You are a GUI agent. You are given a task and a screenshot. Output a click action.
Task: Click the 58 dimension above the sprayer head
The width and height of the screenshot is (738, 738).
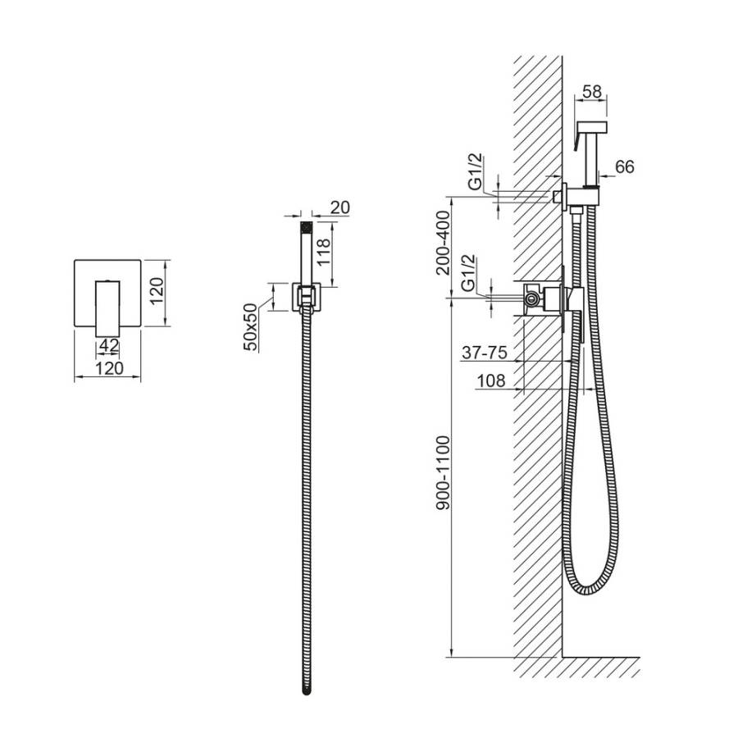(591, 91)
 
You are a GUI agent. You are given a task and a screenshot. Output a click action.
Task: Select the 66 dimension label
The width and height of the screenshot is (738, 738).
(625, 166)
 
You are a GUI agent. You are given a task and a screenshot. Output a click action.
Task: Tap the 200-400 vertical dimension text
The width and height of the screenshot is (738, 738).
(444, 243)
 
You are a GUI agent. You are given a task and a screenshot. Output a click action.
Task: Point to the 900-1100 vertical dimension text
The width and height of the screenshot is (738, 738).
(444, 472)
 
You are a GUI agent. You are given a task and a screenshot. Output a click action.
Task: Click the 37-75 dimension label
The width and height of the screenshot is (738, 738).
(485, 352)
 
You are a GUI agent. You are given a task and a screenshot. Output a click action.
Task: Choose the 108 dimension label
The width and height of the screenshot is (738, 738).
(491, 380)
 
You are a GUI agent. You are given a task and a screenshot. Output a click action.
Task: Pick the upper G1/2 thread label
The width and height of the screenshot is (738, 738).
(476, 171)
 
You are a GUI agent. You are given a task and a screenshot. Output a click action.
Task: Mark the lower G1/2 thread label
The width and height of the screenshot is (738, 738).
(468, 273)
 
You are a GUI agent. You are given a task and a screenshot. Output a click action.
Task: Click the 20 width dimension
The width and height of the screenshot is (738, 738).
(339, 207)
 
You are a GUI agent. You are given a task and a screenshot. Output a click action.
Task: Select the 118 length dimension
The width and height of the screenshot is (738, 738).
(324, 253)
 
